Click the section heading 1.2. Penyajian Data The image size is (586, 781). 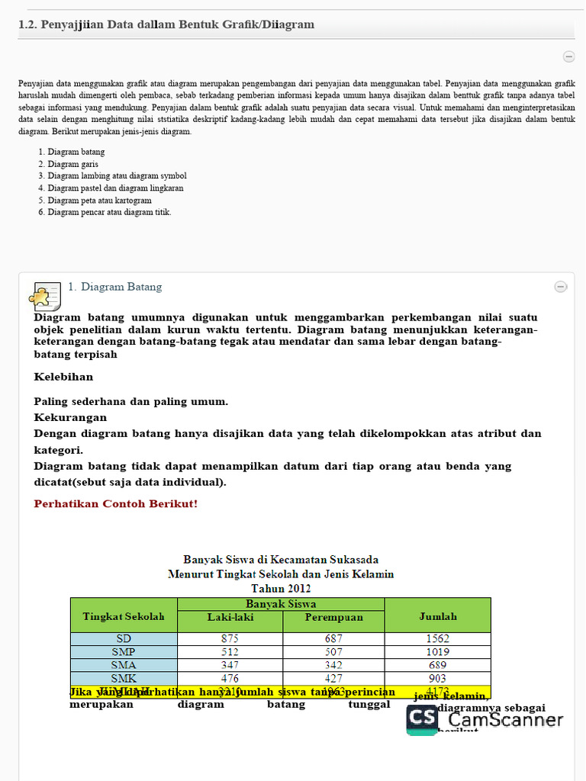coord(166,25)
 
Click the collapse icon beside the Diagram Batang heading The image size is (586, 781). coord(560,287)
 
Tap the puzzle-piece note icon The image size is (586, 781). coord(44,294)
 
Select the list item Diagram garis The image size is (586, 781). coord(72,164)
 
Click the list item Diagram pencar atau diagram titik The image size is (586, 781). coord(109,212)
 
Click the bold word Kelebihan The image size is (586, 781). coord(63,377)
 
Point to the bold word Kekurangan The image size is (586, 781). coord(70,418)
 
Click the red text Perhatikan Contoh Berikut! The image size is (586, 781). coord(115,504)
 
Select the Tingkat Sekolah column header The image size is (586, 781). coord(124,616)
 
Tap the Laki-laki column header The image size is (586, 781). coord(230,617)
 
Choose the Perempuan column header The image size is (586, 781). coord(333,617)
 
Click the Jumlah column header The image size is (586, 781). coord(438,616)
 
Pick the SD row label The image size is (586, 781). coord(124,639)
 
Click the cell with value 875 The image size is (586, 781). coord(230,639)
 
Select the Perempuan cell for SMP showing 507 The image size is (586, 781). coord(333,652)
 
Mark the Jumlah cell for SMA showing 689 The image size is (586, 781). coord(438,665)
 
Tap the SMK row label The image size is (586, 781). coord(124,678)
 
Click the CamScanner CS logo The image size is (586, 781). coord(422,718)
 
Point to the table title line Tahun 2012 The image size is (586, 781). coord(281,589)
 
